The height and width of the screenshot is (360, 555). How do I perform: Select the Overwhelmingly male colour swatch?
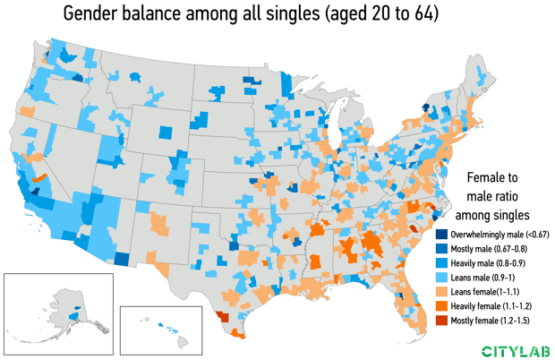(x=441, y=235)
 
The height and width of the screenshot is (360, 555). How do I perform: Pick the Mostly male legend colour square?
(x=441, y=249)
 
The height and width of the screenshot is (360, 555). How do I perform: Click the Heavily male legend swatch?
(x=441, y=263)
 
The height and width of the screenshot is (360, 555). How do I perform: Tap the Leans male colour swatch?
(x=441, y=278)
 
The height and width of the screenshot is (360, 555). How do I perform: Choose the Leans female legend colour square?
(x=441, y=292)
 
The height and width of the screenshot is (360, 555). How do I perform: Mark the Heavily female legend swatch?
(x=441, y=306)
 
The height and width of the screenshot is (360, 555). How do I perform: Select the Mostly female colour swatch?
(x=441, y=321)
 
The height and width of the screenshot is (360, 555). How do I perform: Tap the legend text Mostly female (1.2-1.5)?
(x=492, y=321)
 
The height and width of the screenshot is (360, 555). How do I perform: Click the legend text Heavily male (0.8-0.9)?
(x=491, y=263)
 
